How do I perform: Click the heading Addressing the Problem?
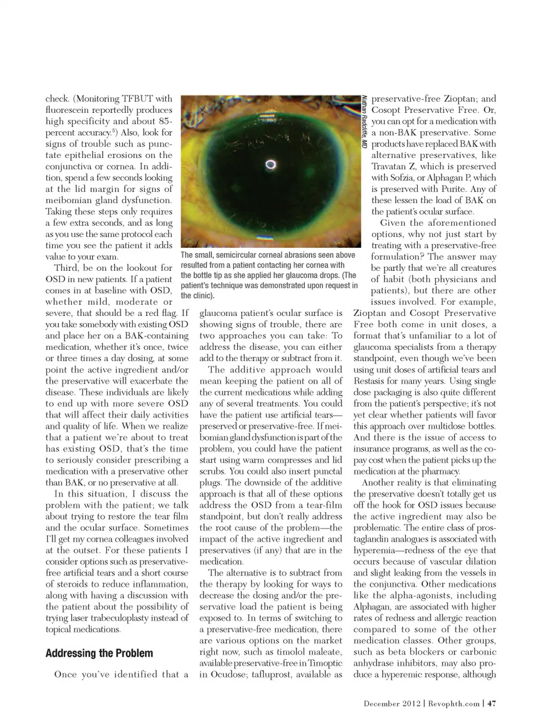pos(99,654)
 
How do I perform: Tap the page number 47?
pos(491,703)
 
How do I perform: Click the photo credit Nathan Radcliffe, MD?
pos(365,121)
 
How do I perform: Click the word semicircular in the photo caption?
pos(250,255)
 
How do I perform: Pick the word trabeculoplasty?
pos(124,618)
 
